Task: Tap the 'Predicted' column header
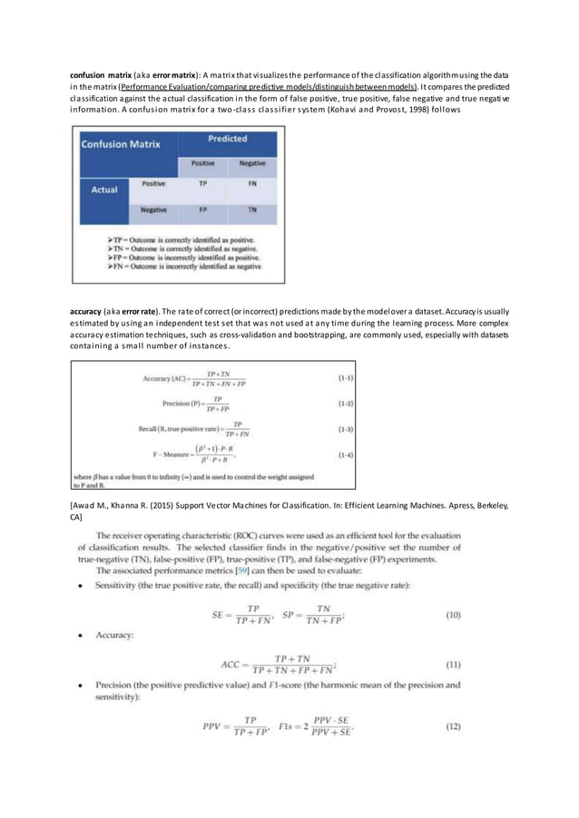(x=227, y=139)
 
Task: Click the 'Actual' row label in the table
(x=104, y=190)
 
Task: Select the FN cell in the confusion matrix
(x=251, y=183)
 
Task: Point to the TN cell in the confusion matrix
(x=251, y=209)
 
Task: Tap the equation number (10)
(x=452, y=615)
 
